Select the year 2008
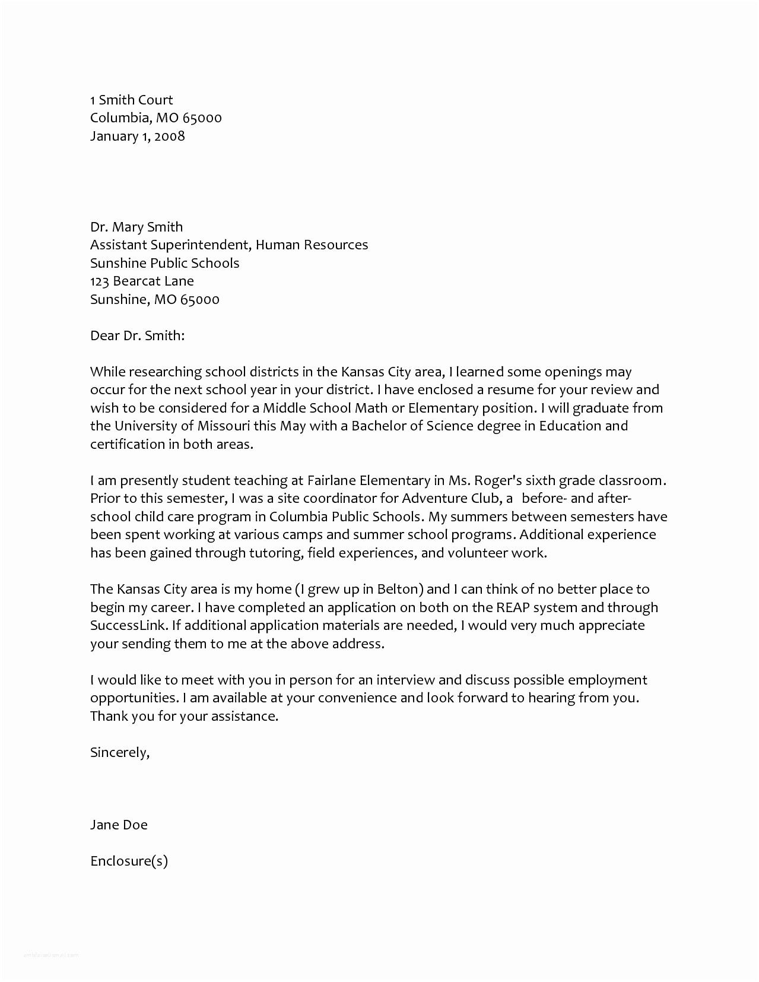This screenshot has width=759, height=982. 169,137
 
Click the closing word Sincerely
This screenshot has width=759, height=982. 119,753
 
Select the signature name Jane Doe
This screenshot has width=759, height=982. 119,825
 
